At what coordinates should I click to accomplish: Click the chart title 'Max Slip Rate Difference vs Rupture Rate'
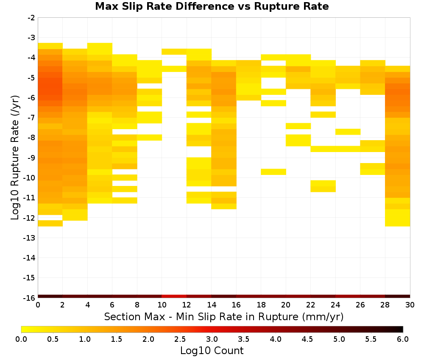coord(212,6)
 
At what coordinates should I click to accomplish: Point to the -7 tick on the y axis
coord(31,118)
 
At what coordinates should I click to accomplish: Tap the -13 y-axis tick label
coord(30,238)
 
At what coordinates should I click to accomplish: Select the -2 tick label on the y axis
coord(31,18)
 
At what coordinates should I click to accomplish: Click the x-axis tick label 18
coord(261,305)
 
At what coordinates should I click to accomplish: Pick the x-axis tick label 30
coord(410,305)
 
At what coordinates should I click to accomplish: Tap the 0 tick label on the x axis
coord(38,305)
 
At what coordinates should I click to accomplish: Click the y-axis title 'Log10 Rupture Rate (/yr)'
coord(15,158)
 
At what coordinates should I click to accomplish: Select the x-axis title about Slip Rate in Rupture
coord(224,316)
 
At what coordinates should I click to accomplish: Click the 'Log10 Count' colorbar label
coord(212,351)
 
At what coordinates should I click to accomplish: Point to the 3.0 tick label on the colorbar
coord(212,339)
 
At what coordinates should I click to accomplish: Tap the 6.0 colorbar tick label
coord(403,339)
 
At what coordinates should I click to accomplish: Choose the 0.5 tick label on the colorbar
coord(53,339)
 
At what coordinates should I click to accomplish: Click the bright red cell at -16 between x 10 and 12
coord(174,296)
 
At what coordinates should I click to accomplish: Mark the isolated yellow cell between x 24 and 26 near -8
coord(348,132)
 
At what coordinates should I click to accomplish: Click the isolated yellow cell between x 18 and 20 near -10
coord(273,172)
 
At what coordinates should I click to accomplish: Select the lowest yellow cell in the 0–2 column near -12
coord(50,223)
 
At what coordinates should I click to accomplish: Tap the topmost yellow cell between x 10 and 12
coord(174,52)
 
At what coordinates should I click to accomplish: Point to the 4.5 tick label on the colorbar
coord(307,339)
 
